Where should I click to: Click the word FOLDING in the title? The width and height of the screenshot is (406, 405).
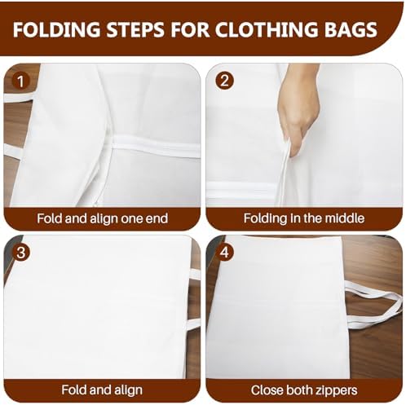[56, 29]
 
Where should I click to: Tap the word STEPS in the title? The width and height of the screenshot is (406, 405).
[135, 29]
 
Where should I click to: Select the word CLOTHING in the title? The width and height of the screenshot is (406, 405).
[267, 29]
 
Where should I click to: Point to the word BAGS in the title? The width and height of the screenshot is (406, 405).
[351, 29]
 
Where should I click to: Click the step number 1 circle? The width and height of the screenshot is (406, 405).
[20, 81]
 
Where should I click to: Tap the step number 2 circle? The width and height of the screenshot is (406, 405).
[224, 81]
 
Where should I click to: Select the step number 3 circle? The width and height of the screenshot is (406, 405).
[20, 253]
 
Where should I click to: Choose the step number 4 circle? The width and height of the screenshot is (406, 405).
[224, 253]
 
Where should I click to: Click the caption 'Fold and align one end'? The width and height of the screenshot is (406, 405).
[102, 218]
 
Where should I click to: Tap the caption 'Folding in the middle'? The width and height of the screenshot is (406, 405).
[304, 218]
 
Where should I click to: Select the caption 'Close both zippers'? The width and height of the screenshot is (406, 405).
[304, 390]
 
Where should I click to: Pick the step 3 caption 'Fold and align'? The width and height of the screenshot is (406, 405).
[102, 390]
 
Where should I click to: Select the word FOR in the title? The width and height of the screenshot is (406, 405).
[190, 29]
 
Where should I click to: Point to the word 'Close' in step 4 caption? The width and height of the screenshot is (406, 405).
[267, 390]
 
